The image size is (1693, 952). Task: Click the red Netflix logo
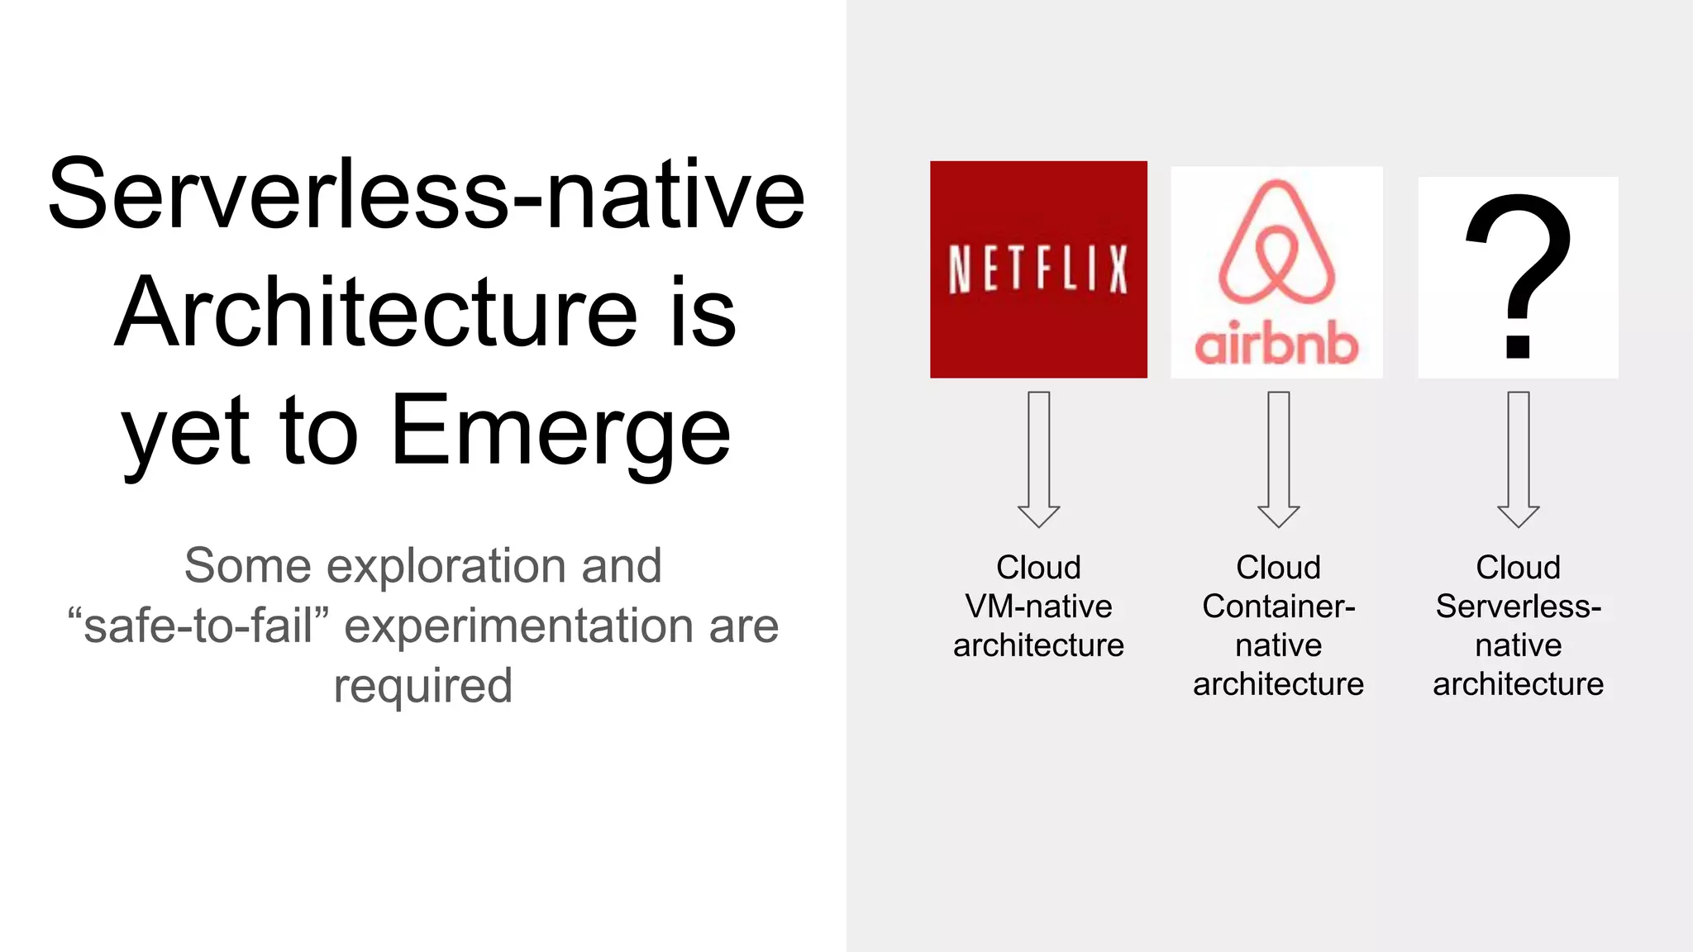pos(1038,269)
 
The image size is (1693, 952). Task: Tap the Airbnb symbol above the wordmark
pos(1276,244)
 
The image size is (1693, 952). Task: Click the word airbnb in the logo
pos(1276,343)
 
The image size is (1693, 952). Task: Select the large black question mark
pos(1518,277)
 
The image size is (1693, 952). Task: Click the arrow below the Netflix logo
pos(1039,459)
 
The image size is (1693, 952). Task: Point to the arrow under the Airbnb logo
pos(1279,459)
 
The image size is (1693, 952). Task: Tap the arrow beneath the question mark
pos(1519,459)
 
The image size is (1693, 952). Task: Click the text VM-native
pos(1038,607)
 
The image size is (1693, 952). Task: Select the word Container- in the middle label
pos(1278,607)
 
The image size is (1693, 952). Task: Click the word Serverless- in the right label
pos(1518,607)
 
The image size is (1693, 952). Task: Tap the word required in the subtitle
pos(423,686)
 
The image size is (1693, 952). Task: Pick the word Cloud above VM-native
pos(1038,568)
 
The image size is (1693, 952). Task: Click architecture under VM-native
pos(1038,645)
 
